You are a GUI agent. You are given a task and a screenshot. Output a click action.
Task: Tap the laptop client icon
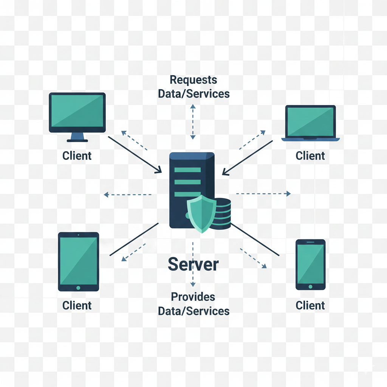click(310, 123)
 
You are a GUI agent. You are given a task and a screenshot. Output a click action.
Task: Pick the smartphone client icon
click(310, 264)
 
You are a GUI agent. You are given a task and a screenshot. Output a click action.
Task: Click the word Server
click(193, 265)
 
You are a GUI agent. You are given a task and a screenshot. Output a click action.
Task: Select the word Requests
click(193, 80)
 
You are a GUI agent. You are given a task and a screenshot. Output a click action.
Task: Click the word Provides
click(193, 297)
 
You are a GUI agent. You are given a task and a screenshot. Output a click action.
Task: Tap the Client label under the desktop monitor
click(77, 155)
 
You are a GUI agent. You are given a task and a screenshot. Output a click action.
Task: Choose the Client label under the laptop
click(310, 155)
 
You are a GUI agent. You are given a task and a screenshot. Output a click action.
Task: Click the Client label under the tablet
click(77, 305)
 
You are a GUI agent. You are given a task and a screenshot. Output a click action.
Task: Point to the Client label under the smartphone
click(310, 305)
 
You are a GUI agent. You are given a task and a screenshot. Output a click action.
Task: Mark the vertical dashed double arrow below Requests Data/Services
click(193, 122)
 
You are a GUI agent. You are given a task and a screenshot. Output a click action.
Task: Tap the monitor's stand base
click(77, 141)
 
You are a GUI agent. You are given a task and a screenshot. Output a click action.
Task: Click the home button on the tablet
click(78, 288)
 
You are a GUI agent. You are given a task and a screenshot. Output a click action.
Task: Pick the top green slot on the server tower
click(187, 170)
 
